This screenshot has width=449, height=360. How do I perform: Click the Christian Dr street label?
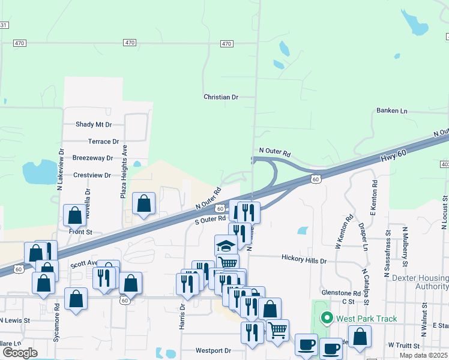tap(221, 97)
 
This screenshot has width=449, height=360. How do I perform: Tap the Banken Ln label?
tap(391, 111)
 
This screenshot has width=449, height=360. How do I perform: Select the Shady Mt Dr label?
tap(94, 125)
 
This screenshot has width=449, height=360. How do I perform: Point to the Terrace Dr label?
tap(103, 142)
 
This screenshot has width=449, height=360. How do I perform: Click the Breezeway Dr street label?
tap(92, 158)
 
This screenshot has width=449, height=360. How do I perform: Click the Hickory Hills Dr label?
tap(304, 261)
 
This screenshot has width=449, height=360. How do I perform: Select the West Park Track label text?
tap(367, 318)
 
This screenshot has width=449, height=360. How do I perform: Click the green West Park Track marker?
tap(327, 317)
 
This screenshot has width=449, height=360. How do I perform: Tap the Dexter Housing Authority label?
tap(420, 283)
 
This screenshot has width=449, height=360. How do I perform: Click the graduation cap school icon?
tap(226, 245)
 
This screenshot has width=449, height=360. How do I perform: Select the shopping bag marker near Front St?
tap(74, 214)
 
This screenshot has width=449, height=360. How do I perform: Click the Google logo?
tap(20, 353)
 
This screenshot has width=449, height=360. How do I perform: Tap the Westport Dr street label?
tap(213, 350)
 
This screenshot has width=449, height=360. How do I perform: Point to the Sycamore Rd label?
tap(57, 314)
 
